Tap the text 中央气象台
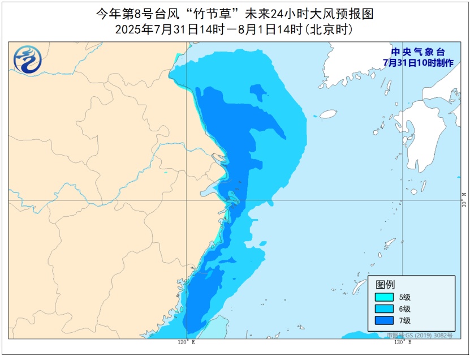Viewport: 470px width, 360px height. click(417, 52)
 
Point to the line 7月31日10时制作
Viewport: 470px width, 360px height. click(417, 62)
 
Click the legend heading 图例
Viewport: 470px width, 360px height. click(385, 284)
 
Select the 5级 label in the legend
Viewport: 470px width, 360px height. click(404, 297)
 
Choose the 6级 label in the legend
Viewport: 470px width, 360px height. click(404, 309)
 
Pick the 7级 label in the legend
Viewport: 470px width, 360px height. click(404, 321)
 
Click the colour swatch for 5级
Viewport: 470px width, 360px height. click(383, 297)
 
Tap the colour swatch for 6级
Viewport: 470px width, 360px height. click(383, 309)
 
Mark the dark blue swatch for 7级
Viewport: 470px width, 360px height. click(383, 321)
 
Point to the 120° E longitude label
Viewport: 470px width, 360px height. click(186, 342)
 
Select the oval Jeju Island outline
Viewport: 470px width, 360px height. click(328, 114)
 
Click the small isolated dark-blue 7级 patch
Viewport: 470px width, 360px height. click(258, 91)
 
